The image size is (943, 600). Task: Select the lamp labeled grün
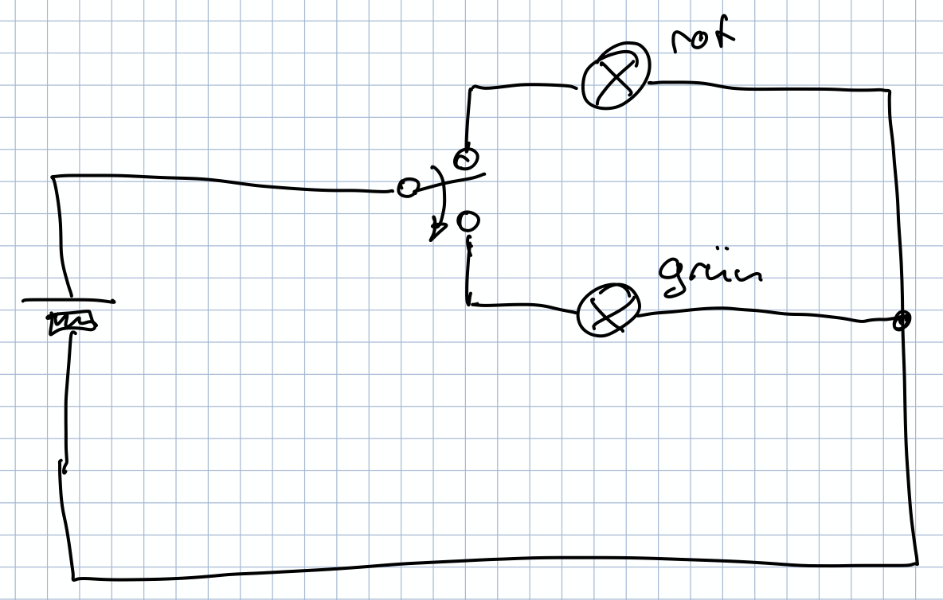608,312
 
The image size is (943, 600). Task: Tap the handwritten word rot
701,37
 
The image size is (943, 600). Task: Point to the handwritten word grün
710,275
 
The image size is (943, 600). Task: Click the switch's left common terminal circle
407,189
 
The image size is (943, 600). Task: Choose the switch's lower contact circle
468,220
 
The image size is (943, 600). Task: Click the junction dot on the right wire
902,320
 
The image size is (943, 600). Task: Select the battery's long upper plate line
68,302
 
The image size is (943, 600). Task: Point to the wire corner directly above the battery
53,177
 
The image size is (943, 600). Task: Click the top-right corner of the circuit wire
889,91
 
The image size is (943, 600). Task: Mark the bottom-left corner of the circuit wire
74,576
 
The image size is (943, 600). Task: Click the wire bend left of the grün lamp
468,303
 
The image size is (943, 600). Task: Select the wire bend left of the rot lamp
471,88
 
